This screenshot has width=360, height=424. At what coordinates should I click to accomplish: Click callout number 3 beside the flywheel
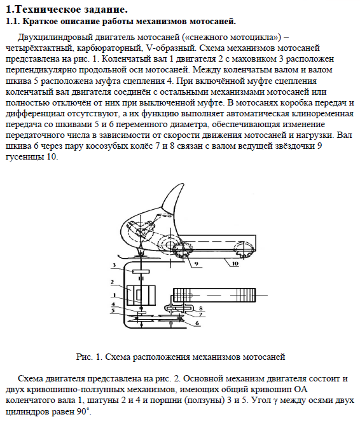pyautogui.click(x=114, y=264)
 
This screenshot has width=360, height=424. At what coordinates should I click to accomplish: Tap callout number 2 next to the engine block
pyautogui.click(x=112, y=282)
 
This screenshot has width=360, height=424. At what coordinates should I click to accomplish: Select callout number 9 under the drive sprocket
pyautogui.click(x=197, y=264)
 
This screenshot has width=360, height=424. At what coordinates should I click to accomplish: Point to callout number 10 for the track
pyautogui.click(x=235, y=263)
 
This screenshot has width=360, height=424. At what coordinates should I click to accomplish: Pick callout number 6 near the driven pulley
pyautogui.click(x=197, y=322)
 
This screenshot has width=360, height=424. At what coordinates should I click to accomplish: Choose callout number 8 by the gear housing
pyautogui.click(x=201, y=308)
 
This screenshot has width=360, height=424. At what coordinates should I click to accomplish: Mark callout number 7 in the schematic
pyautogui.click(x=200, y=315)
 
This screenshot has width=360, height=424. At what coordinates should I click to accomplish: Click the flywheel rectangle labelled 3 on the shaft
pyautogui.click(x=141, y=271)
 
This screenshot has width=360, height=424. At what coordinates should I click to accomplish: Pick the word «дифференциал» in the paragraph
pyautogui.click(x=35, y=114)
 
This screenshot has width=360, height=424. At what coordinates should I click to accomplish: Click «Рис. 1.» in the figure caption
pyautogui.click(x=89, y=357)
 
